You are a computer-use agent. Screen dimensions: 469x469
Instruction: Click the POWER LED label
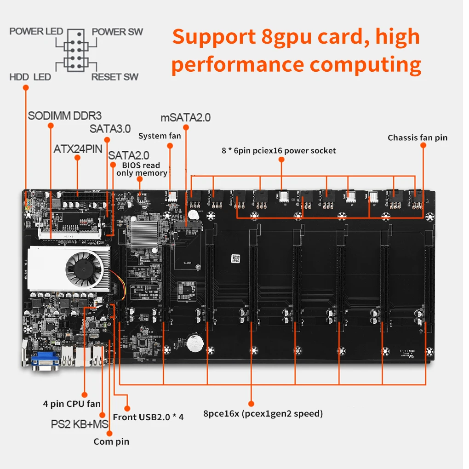click(x=36, y=32)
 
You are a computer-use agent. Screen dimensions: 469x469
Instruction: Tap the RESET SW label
click(x=114, y=76)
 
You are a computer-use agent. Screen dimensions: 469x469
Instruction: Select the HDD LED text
click(x=30, y=76)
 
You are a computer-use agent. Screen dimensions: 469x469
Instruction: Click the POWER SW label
click(x=117, y=32)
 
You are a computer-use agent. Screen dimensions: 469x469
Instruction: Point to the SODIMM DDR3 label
click(x=64, y=115)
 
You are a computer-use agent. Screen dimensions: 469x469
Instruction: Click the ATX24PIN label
click(x=78, y=149)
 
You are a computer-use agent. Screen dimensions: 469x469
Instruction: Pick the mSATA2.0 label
click(x=185, y=117)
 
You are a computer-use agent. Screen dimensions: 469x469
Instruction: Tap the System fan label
click(x=160, y=136)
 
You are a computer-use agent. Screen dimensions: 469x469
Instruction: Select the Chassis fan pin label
click(x=417, y=137)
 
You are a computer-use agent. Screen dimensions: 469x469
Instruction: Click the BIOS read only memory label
click(x=141, y=169)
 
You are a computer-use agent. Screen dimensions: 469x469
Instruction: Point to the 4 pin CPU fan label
click(x=72, y=404)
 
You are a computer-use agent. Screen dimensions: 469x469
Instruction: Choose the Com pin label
click(x=111, y=441)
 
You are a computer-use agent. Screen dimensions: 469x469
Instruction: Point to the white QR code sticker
click(x=236, y=258)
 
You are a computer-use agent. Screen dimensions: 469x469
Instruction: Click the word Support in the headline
click(x=212, y=36)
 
